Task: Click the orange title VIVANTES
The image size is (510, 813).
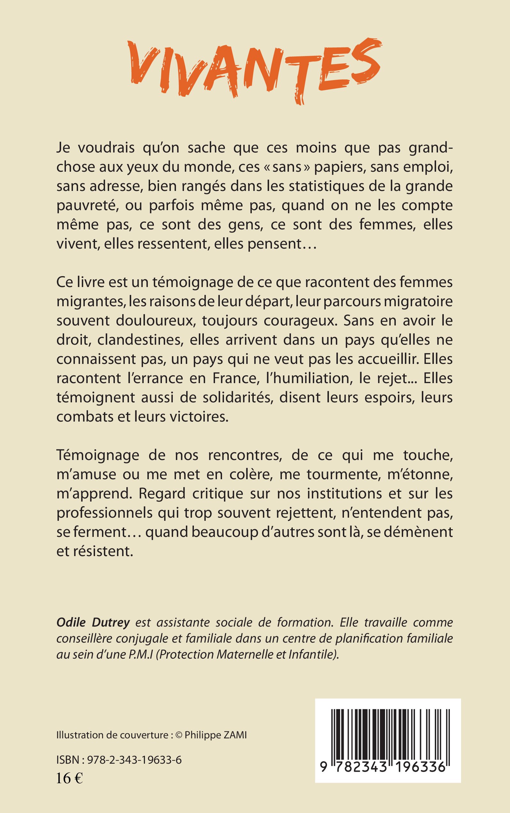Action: click(255, 71)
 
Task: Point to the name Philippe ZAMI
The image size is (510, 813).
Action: click(216, 735)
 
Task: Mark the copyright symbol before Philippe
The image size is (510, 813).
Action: click(179, 735)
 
